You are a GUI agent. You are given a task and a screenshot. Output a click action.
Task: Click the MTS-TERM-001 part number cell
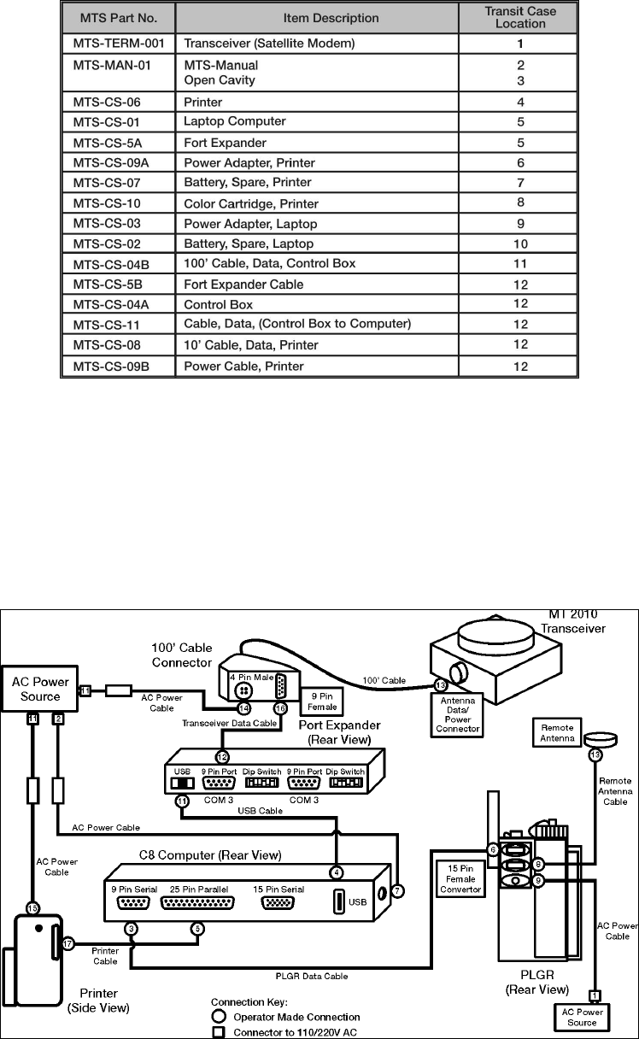point(117,42)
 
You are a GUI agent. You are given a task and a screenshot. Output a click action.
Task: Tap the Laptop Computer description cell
point(235,121)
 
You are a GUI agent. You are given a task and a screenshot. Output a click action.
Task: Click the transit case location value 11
point(519,263)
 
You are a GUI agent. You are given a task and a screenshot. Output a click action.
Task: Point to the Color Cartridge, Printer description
point(251,203)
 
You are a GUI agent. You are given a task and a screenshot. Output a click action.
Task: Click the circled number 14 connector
point(243,708)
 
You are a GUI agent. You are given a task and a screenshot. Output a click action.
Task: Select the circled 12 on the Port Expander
point(222,756)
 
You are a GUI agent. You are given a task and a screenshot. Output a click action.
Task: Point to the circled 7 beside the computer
point(398,890)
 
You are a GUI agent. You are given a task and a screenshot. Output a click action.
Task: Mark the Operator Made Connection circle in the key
point(220,1017)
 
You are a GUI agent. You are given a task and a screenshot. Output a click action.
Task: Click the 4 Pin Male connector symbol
point(243,690)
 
